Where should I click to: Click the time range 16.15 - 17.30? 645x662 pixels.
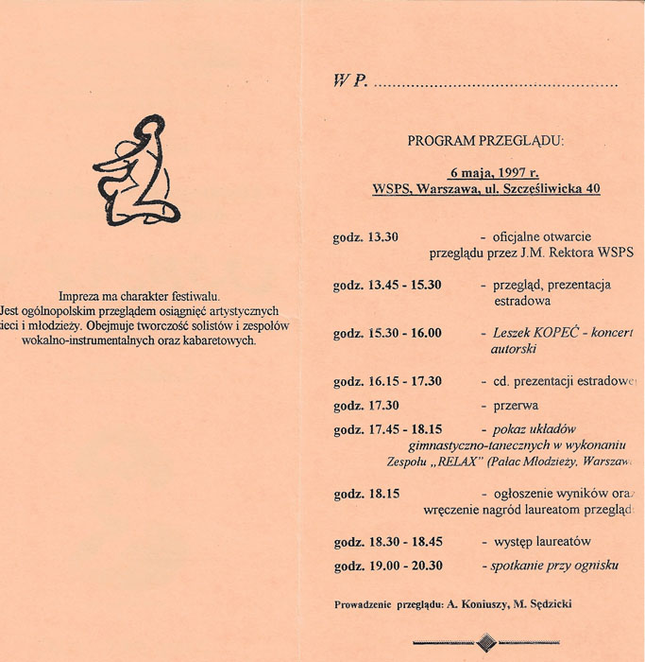click(405, 381)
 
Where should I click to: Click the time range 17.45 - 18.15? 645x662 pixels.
click(405, 429)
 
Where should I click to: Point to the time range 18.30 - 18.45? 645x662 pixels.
click(405, 542)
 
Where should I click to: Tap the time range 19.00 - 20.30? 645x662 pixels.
click(405, 566)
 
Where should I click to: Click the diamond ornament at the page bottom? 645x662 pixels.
click(485, 642)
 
